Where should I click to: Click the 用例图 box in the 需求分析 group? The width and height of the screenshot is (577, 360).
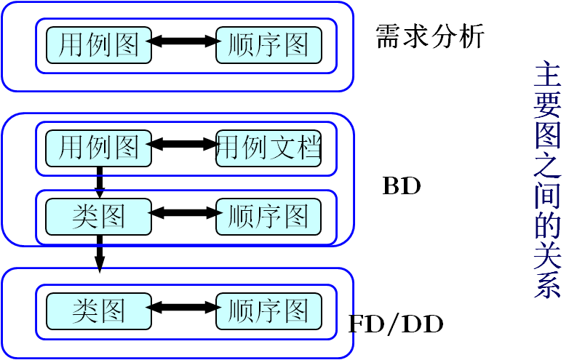point(99,46)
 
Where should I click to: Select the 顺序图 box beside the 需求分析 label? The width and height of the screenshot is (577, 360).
point(268,46)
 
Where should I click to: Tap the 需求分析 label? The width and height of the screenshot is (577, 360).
point(429,36)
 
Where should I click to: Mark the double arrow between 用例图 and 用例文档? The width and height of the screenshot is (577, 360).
point(183,144)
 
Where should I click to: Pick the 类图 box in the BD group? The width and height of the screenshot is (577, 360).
point(99,216)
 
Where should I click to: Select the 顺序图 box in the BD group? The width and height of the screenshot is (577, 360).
point(268,216)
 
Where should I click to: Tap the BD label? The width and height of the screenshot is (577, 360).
point(402,187)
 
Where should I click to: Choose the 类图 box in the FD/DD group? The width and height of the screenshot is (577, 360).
point(99,311)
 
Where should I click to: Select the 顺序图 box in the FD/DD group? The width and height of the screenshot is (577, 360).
point(268,311)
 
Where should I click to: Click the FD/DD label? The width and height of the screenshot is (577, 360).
point(395,324)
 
